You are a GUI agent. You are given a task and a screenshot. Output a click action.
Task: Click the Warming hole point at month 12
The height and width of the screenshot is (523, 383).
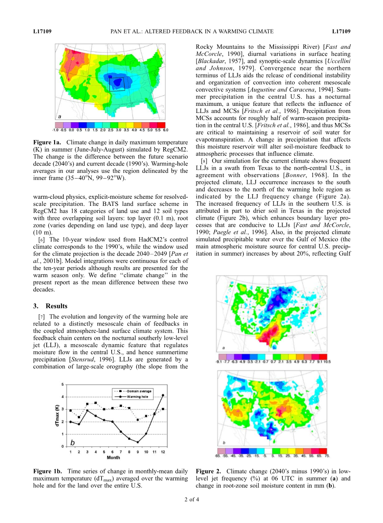pyautogui.click(x=163, y=395)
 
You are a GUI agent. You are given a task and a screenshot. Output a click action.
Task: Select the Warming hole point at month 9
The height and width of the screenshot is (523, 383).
pyautogui.click(x=137, y=442)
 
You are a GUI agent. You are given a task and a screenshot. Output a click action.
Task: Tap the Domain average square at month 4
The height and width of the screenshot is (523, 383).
pyautogui.click(x=95, y=403)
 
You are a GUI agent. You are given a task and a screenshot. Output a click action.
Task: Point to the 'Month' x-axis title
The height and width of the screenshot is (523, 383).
pyautogui.click(x=113, y=458)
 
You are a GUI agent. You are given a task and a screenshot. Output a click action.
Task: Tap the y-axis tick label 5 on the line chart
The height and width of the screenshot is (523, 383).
pyautogui.click(x=63, y=384)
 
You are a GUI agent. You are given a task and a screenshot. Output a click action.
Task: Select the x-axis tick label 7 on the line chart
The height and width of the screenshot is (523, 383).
pyautogui.click(x=121, y=452)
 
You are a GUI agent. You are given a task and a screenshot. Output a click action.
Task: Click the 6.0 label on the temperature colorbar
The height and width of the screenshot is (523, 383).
pyautogui.click(x=165, y=130)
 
